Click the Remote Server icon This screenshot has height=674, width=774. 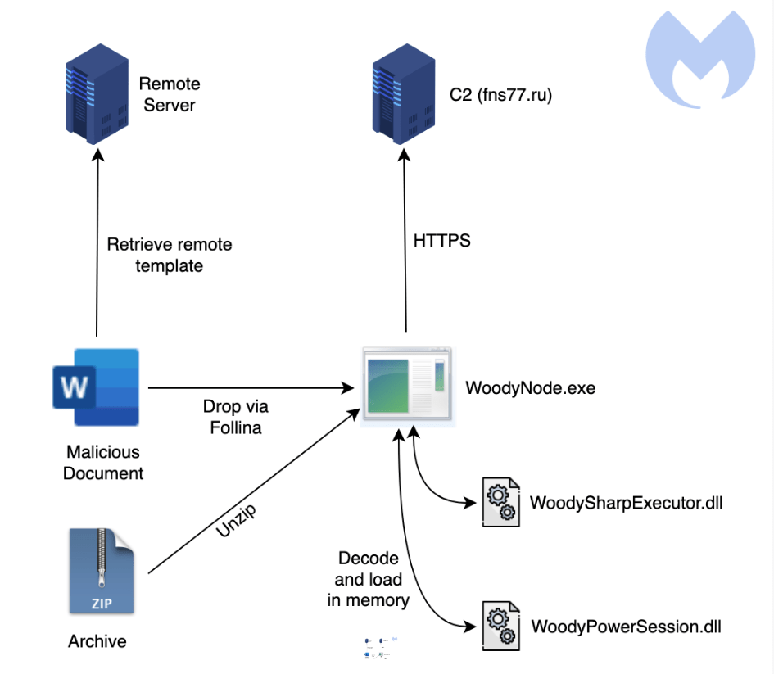97,95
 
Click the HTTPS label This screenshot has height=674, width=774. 443,242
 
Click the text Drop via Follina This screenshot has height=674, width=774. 235,416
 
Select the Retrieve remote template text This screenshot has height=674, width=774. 170,255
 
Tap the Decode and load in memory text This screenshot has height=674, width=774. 368,579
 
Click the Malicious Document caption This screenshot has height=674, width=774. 102,463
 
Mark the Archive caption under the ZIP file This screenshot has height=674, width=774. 97,640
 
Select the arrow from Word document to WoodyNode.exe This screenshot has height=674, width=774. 246,387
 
